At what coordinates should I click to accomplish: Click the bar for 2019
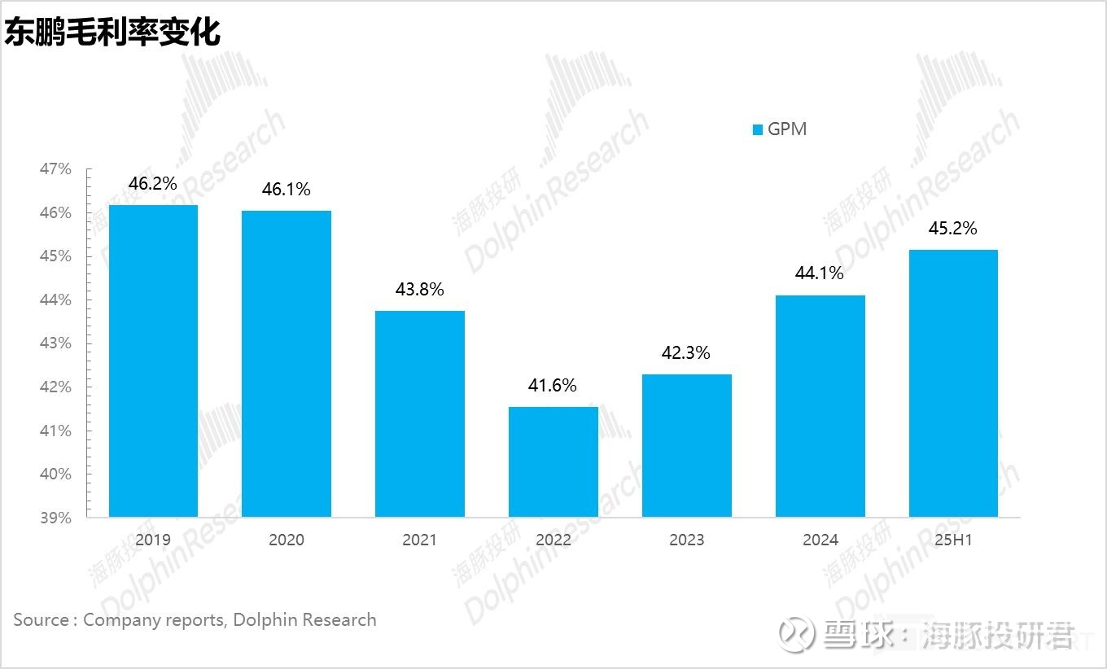coord(153,361)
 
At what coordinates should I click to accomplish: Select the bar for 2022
coord(553,461)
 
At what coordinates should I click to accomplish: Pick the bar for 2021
coord(420,413)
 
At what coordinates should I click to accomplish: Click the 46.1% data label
coord(287,190)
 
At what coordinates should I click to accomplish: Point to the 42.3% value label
coord(686,353)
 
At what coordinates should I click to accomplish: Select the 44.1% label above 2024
coord(820,273)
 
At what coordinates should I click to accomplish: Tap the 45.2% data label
coord(953,229)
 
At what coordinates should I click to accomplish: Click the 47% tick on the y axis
coord(55,169)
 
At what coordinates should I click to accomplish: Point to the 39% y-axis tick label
coord(55,518)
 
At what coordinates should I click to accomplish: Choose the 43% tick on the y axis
coord(55,343)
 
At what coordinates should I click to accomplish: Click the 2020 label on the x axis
coord(287,540)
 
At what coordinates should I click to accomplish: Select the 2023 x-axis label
coord(686,540)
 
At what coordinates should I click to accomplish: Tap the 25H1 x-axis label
coord(953,540)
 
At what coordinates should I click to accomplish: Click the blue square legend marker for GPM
coord(758,129)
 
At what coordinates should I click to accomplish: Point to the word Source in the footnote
coord(41,620)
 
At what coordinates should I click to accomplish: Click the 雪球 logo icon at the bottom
coord(795,635)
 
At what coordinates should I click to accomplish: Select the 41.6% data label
coord(553,386)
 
